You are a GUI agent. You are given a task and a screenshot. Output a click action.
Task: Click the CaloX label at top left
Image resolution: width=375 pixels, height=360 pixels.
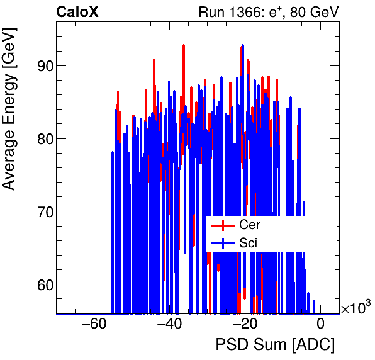77,12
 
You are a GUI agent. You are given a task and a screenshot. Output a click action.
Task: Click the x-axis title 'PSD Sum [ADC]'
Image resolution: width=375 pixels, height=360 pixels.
275,345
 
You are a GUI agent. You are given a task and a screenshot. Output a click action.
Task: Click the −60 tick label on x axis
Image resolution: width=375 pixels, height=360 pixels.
93,325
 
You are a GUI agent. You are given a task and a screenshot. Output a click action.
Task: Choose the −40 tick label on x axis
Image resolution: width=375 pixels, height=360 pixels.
169,325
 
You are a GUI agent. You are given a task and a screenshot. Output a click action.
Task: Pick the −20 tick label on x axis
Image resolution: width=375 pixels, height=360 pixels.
244,325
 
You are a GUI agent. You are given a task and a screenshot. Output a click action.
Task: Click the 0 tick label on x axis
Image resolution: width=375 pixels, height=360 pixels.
320,325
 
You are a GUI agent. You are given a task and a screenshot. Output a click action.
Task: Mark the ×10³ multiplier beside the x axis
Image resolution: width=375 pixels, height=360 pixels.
355,308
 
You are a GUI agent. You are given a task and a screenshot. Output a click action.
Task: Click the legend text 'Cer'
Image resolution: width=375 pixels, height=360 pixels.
249,225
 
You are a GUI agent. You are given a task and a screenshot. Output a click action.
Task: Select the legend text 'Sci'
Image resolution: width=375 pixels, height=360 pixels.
248,243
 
